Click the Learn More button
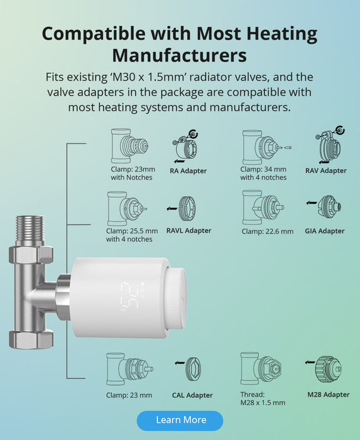click(x=180, y=421)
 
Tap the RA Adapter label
click(x=188, y=171)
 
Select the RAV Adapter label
click(x=326, y=170)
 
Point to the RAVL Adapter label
click(x=188, y=231)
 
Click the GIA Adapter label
click(x=325, y=231)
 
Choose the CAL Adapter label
click(x=192, y=395)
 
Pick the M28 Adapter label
click(x=329, y=395)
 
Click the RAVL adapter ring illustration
click(x=187, y=209)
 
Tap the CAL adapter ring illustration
click(x=193, y=369)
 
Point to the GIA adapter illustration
click(x=329, y=207)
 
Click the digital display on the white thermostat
click(x=131, y=297)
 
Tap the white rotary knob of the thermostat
click(x=176, y=298)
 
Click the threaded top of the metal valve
click(x=30, y=228)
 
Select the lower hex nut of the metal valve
click(x=31, y=339)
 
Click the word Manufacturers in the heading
click(x=180, y=55)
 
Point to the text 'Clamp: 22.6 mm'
click(x=268, y=231)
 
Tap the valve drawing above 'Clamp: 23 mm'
click(x=129, y=369)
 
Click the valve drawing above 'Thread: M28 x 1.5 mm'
click(x=261, y=368)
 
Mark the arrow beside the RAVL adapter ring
click(x=172, y=209)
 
